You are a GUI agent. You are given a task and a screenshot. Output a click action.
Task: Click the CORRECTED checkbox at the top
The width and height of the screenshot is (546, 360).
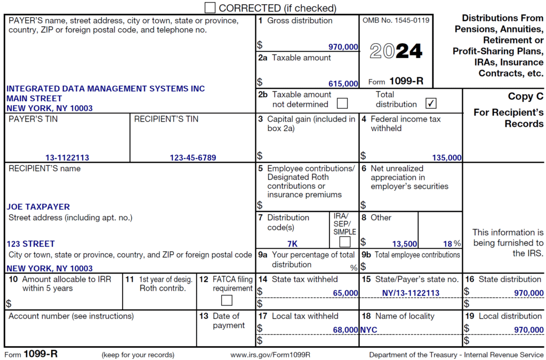point(210,7)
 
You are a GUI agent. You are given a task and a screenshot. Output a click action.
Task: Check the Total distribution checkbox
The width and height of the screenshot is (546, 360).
point(431,103)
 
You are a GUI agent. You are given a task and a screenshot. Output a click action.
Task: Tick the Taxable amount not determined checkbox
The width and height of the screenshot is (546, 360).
point(342,103)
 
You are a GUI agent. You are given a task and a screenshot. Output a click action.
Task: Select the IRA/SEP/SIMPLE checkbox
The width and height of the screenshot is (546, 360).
point(345,242)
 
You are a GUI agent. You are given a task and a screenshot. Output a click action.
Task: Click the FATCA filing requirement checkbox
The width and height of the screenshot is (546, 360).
point(227,300)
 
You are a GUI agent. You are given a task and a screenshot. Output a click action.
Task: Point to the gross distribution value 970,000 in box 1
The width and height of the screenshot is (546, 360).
point(343,47)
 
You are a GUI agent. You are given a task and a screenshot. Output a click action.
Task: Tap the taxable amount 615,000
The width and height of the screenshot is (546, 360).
point(343,84)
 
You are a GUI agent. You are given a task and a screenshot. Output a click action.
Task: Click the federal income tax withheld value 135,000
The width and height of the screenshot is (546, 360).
point(447,157)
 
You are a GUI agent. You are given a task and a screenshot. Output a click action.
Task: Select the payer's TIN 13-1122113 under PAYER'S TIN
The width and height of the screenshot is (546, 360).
point(67,157)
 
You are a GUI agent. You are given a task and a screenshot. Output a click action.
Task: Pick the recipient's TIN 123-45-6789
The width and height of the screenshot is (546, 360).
point(193,157)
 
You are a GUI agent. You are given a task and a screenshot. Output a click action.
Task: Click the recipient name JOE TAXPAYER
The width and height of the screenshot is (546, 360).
point(38,206)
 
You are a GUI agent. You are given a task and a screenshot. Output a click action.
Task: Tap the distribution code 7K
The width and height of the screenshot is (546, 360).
point(292,244)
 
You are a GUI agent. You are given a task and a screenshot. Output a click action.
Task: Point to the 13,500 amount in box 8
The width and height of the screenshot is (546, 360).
point(405,244)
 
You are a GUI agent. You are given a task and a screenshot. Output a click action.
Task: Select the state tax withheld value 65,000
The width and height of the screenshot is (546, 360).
point(345,293)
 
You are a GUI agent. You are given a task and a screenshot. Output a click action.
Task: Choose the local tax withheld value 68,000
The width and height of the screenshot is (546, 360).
point(345,330)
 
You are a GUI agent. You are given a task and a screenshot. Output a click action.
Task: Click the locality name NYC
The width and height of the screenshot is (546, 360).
point(368,330)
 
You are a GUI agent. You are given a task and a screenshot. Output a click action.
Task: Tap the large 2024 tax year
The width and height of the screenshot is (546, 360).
point(396,51)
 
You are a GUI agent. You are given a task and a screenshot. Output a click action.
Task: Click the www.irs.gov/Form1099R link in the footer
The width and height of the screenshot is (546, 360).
point(270,355)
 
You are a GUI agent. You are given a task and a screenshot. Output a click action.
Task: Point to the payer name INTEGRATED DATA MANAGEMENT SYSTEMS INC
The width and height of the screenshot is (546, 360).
point(106,89)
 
